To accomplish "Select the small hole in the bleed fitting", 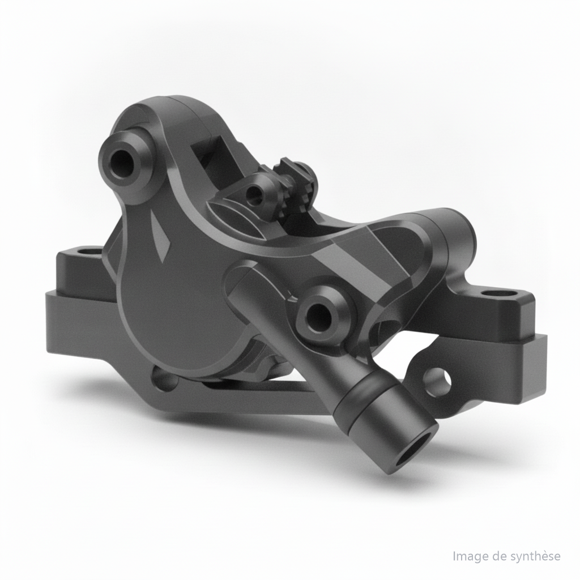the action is (x=254, y=193).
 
